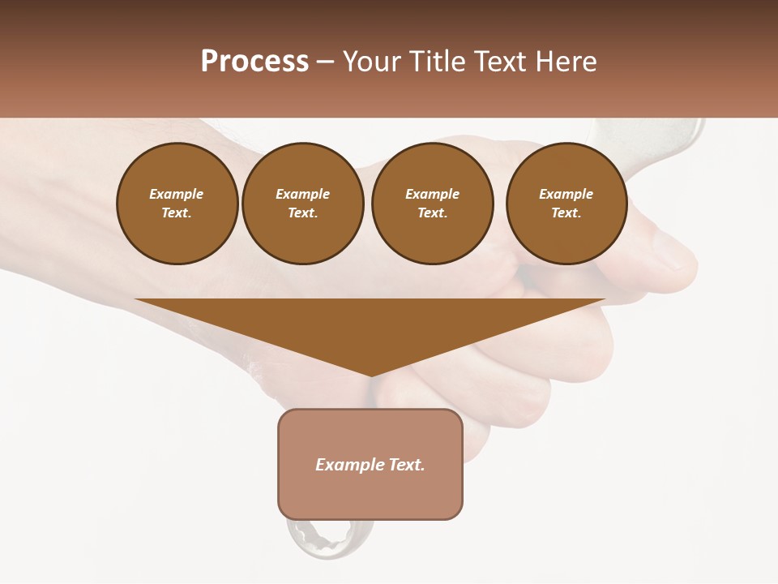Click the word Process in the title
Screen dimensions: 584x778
point(254,62)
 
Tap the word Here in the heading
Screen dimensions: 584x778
point(564,62)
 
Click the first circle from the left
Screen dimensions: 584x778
point(177,204)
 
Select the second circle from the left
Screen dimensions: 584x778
point(302,204)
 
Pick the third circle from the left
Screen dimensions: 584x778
point(432,204)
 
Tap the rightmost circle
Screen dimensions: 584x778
point(566,204)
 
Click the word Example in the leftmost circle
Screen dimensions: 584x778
point(177,194)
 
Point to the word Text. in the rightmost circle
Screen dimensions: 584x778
point(566,213)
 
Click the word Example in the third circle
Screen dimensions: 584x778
point(432,194)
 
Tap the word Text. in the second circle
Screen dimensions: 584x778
point(302,213)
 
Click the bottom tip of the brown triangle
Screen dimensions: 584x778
point(370,374)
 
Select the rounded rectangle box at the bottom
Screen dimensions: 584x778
point(370,464)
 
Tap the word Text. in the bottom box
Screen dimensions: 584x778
point(408,465)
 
